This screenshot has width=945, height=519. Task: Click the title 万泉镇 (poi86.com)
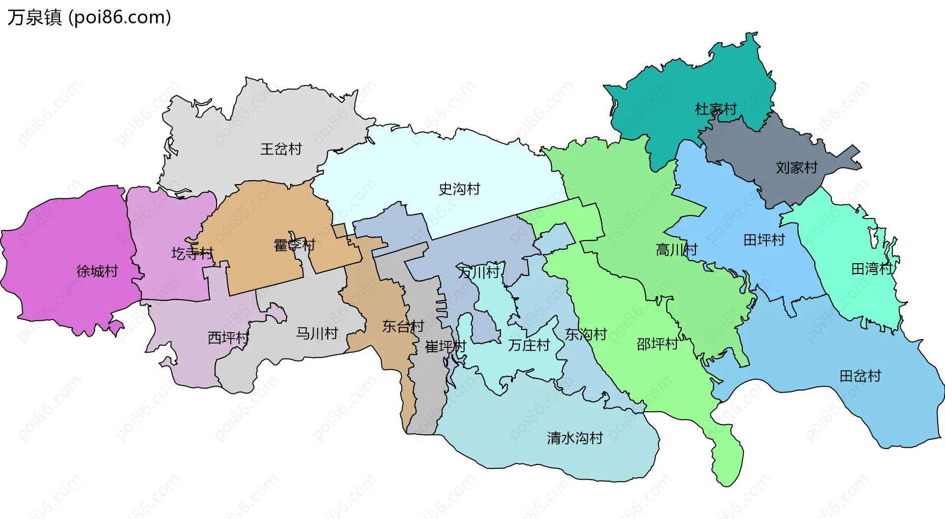click(x=89, y=17)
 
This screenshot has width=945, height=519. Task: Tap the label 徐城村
click(x=97, y=271)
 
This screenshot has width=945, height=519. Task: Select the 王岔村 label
click(x=281, y=149)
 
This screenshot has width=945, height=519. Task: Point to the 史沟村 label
click(x=459, y=189)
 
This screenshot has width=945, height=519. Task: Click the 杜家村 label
click(x=716, y=109)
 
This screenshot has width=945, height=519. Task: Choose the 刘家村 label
click(x=796, y=168)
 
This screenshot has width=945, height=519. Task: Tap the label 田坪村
click(x=764, y=240)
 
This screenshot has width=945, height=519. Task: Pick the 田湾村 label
click(x=872, y=269)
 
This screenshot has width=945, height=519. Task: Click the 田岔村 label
click(x=860, y=376)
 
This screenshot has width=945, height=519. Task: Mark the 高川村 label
click(x=676, y=250)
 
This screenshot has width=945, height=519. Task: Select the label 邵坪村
click(x=657, y=344)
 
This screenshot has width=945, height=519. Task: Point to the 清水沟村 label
click(x=575, y=438)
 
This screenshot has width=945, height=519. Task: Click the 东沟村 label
click(x=586, y=335)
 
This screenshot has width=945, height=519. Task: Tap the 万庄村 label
click(x=529, y=345)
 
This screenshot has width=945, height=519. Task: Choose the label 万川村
click(x=478, y=272)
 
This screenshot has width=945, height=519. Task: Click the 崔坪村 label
click(x=445, y=347)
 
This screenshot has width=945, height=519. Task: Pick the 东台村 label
click(x=403, y=326)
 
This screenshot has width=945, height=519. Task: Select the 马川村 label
click(x=317, y=334)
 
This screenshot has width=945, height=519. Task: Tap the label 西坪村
click(x=228, y=338)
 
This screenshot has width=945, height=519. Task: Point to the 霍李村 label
click(x=294, y=245)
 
